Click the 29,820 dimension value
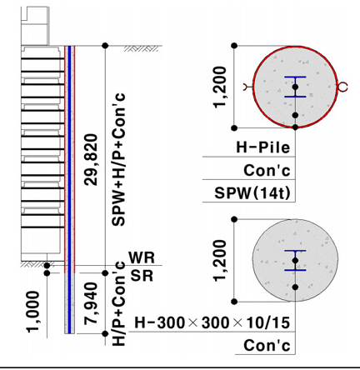91,160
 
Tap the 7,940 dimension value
91,303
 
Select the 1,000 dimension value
33,312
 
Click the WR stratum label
142,257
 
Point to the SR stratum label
142,276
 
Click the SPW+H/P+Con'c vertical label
118,159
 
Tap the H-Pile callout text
263,147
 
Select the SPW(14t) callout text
252,192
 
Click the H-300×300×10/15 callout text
212,322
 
